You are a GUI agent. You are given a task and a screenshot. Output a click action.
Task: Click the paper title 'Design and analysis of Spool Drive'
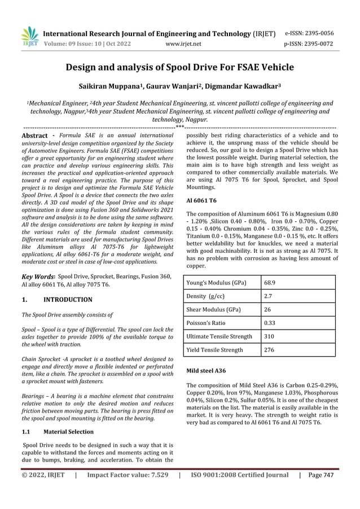pos(180,68)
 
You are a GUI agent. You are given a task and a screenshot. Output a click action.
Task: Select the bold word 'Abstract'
pos(34,136)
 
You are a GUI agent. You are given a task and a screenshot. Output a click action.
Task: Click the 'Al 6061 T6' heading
pos(202,200)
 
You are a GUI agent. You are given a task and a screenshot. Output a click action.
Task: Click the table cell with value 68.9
pos(271,281)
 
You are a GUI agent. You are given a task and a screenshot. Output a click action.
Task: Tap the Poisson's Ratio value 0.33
pos(271,322)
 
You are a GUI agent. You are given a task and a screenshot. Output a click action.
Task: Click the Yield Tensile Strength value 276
pos(271,349)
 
